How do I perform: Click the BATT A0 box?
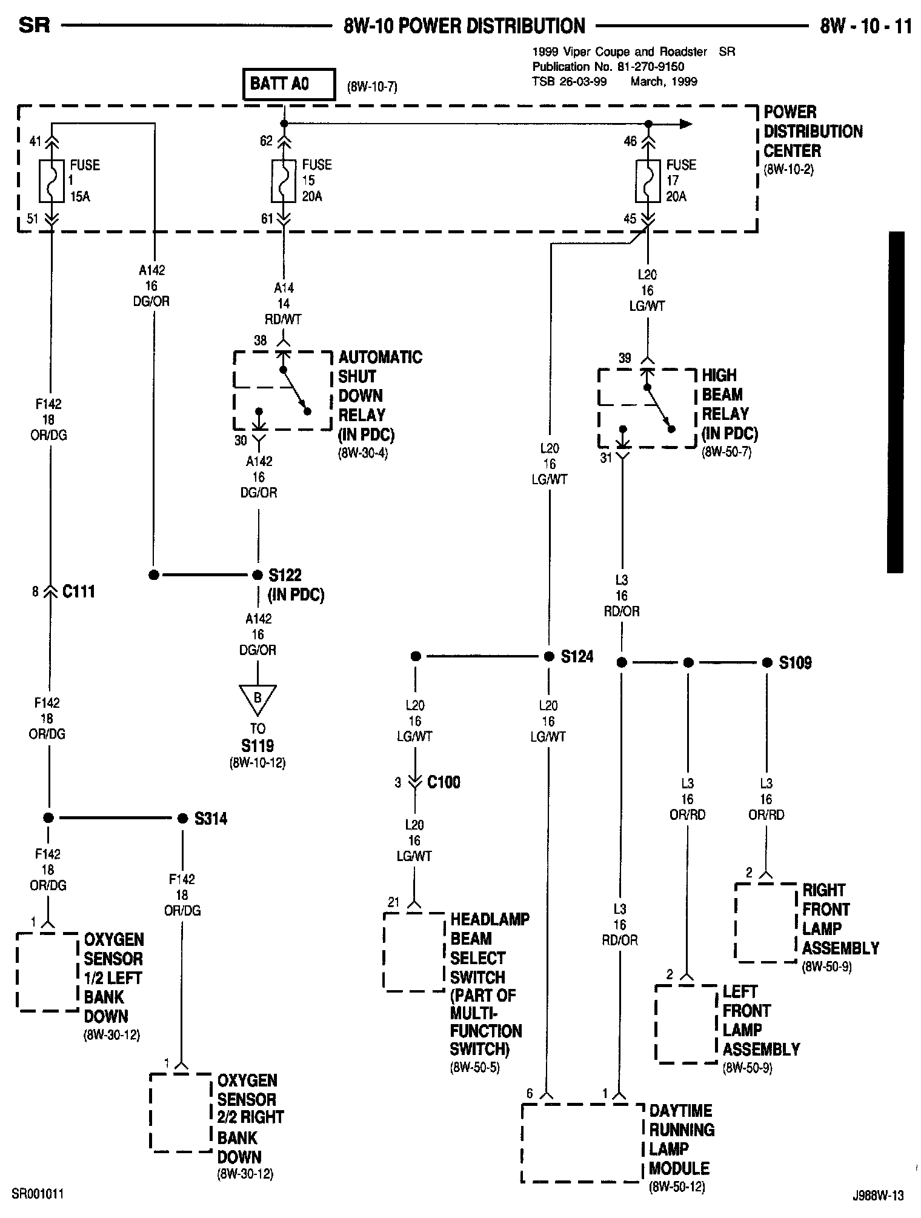(x=288, y=84)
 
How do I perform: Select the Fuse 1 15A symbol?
(x=51, y=181)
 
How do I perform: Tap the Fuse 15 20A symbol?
(x=283, y=181)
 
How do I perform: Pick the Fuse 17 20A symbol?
(x=647, y=181)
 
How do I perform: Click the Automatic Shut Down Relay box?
(x=282, y=390)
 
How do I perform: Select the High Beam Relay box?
(x=647, y=408)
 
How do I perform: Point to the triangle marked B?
(x=258, y=699)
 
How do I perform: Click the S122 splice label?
(x=285, y=574)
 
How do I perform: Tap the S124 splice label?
(x=577, y=656)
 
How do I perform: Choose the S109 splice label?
(x=795, y=662)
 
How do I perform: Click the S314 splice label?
(x=211, y=819)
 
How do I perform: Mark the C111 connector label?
(x=79, y=591)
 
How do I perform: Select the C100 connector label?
(x=444, y=782)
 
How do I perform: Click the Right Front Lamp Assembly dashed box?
(x=765, y=922)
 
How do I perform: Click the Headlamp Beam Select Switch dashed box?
(x=414, y=952)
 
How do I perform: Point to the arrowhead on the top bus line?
(x=686, y=124)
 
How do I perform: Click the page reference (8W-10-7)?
(x=372, y=87)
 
